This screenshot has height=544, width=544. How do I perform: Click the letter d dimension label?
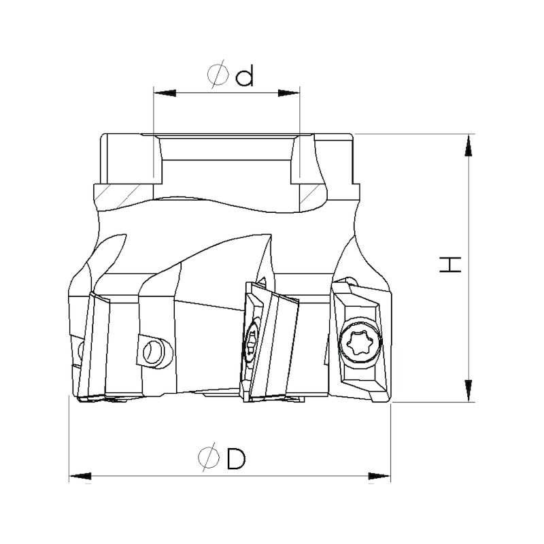point(244,75)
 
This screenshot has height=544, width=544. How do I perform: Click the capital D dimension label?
point(236,458)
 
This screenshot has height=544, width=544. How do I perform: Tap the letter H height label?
point(450,265)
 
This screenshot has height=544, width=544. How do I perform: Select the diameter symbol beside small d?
point(218,74)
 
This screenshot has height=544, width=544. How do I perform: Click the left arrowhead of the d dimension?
point(165,93)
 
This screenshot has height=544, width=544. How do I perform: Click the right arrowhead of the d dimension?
point(288,93)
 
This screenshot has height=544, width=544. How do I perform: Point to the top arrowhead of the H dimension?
point(469,145)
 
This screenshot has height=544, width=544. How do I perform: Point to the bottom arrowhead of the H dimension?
point(469,391)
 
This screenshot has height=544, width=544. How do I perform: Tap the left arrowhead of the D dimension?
point(80,476)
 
